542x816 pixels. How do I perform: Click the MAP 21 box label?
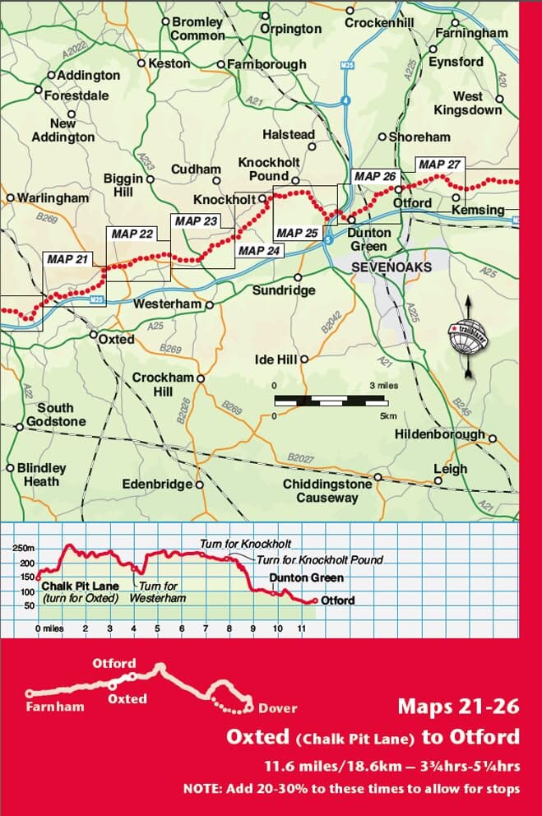(x=67, y=259)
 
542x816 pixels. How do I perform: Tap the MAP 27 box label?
(x=439, y=165)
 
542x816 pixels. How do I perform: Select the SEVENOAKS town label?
(x=381, y=268)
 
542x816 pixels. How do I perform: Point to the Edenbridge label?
(x=156, y=484)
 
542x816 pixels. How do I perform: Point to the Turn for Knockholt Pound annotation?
(x=320, y=559)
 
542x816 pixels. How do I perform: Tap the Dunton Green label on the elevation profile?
(x=306, y=578)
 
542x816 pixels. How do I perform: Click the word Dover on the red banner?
(x=278, y=707)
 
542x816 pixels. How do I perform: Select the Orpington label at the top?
(x=290, y=29)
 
